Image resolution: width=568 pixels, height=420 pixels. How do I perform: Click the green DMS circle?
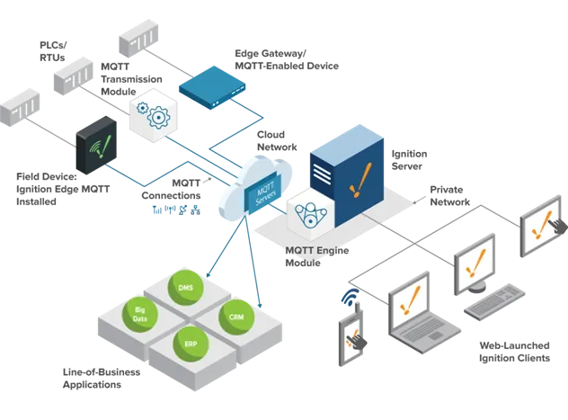pos(186,288)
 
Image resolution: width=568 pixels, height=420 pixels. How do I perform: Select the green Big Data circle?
pos(140,315)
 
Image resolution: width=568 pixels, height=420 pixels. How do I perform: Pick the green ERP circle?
pos(190,345)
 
